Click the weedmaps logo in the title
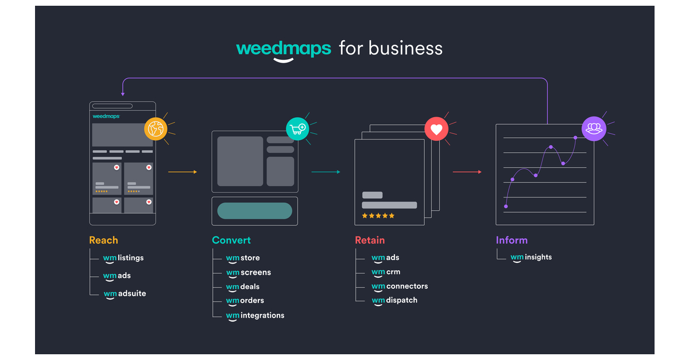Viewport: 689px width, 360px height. pyautogui.click(x=283, y=49)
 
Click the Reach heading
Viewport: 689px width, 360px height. pyautogui.click(x=103, y=240)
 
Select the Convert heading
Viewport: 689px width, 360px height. pyautogui.click(x=231, y=240)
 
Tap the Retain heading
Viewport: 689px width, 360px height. pyautogui.click(x=370, y=240)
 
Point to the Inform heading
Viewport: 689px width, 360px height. pyautogui.click(x=512, y=240)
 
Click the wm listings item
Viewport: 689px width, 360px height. pyautogui.click(x=123, y=258)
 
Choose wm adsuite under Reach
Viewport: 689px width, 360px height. pyautogui.click(x=125, y=293)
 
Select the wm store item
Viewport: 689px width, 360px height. pyautogui.click(x=243, y=258)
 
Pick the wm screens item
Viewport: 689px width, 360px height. pyautogui.click(x=248, y=272)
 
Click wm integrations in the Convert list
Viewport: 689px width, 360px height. pyautogui.click(x=255, y=315)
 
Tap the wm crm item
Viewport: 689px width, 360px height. pyautogui.click(x=386, y=272)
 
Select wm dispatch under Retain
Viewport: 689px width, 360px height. pyautogui.click(x=394, y=300)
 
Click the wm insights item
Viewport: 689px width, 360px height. pyautogui.click(x=531, y=257)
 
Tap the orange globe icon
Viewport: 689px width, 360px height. pyautogui.click(x=156, y=129)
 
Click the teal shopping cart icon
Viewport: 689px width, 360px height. pyautogui.click(x=297, y=129)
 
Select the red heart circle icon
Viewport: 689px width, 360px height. pyautogui.click(x=436, y=129)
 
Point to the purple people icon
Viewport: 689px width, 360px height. pyautogui.click(x=593, y=129)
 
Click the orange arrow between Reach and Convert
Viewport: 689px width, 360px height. pyautogui.click(x=183, y=172)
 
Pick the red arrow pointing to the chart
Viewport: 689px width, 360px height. pyautogui.click(x=467, y=172)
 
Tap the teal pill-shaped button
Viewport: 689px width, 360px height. pyautogui.click(x=254, y=211)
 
